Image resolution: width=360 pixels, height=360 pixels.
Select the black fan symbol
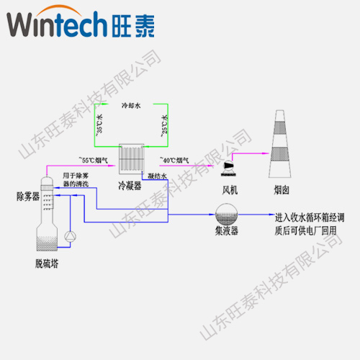229,167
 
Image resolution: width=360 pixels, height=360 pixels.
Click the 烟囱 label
282,189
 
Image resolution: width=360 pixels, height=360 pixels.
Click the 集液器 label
227,231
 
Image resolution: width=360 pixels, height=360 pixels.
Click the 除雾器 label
27,196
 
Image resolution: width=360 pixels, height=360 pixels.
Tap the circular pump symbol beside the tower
69,236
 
